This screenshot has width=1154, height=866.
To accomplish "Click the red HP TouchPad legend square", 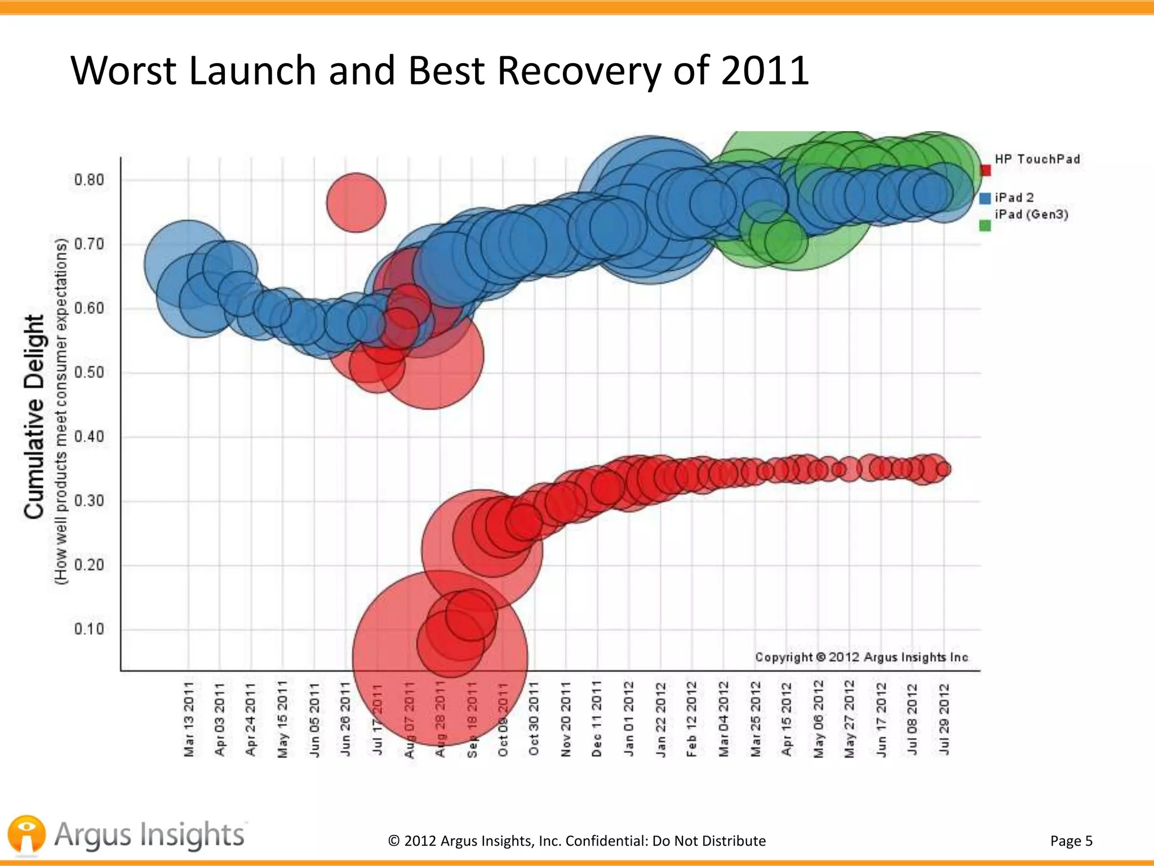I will click(986, 170).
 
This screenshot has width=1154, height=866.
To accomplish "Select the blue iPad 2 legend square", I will click(985, 198).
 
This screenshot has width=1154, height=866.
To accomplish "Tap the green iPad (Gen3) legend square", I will click(985, 226).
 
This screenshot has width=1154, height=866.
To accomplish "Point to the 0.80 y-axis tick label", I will click(89, 180).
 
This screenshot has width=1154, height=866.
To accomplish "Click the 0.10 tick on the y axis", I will click(89, 629).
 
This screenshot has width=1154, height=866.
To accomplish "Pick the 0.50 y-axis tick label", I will click(89, 373).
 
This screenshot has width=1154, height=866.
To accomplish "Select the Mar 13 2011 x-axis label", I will click(189, 719).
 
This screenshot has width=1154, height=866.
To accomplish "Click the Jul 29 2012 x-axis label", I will click(944, 719).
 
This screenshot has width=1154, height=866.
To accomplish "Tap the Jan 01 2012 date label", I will click(629, 719).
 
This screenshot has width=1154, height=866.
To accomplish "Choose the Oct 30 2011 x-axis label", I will click(534, 719).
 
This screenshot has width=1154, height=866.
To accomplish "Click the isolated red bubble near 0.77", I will click(356, 202).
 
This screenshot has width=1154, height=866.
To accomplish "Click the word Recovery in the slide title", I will click(579, 71).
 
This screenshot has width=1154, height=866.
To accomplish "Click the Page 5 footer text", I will click(1071, 841).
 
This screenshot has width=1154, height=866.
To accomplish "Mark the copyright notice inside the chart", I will click(862, 657).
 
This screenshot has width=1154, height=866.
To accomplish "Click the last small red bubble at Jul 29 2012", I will click(944, 469).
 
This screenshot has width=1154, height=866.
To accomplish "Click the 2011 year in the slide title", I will click(765, 71).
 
